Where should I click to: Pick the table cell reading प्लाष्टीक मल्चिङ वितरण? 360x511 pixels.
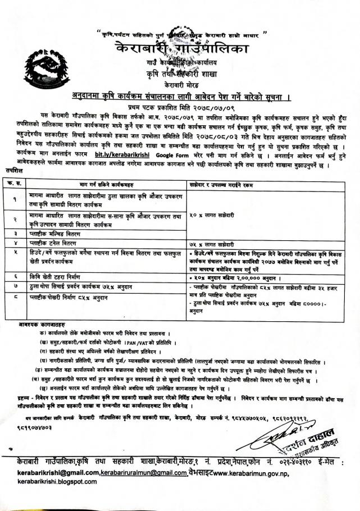[x=60, y=232]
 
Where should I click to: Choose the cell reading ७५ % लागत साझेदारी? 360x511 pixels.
[x=217, y=243]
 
